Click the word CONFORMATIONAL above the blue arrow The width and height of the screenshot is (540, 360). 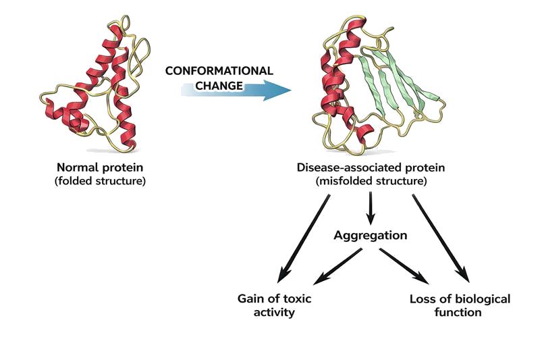219,71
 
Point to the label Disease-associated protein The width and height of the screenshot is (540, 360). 369,167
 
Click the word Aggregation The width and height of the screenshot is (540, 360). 370,236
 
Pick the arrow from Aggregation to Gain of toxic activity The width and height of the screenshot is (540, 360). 338,265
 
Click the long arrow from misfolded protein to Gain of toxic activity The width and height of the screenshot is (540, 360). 303,236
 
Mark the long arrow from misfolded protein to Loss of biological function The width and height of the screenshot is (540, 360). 439,236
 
